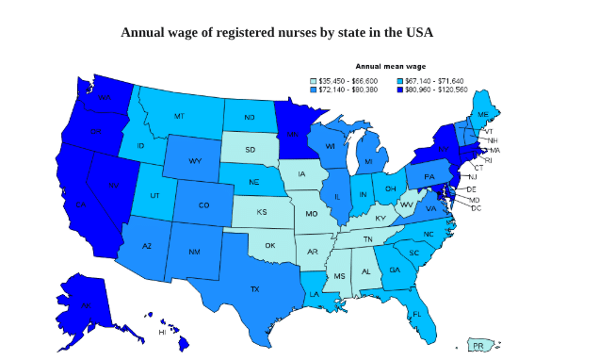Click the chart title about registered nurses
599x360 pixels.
point(276,33)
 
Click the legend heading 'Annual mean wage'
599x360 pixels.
point(390,67)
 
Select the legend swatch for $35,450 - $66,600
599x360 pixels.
point(315,82)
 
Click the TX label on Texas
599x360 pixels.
point(254,288)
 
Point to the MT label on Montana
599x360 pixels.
point(179,116)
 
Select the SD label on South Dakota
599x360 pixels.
point(250,149)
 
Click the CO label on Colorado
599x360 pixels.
point(204,205)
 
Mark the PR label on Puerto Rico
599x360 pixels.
point(478,346)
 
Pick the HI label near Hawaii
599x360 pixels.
point(162,332)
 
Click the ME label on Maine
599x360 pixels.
point(483,114)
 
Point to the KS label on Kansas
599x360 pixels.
point(261,212)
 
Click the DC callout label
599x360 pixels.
point(476,207)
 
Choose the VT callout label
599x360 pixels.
point(488,131)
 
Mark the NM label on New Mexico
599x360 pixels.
point(194,252)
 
